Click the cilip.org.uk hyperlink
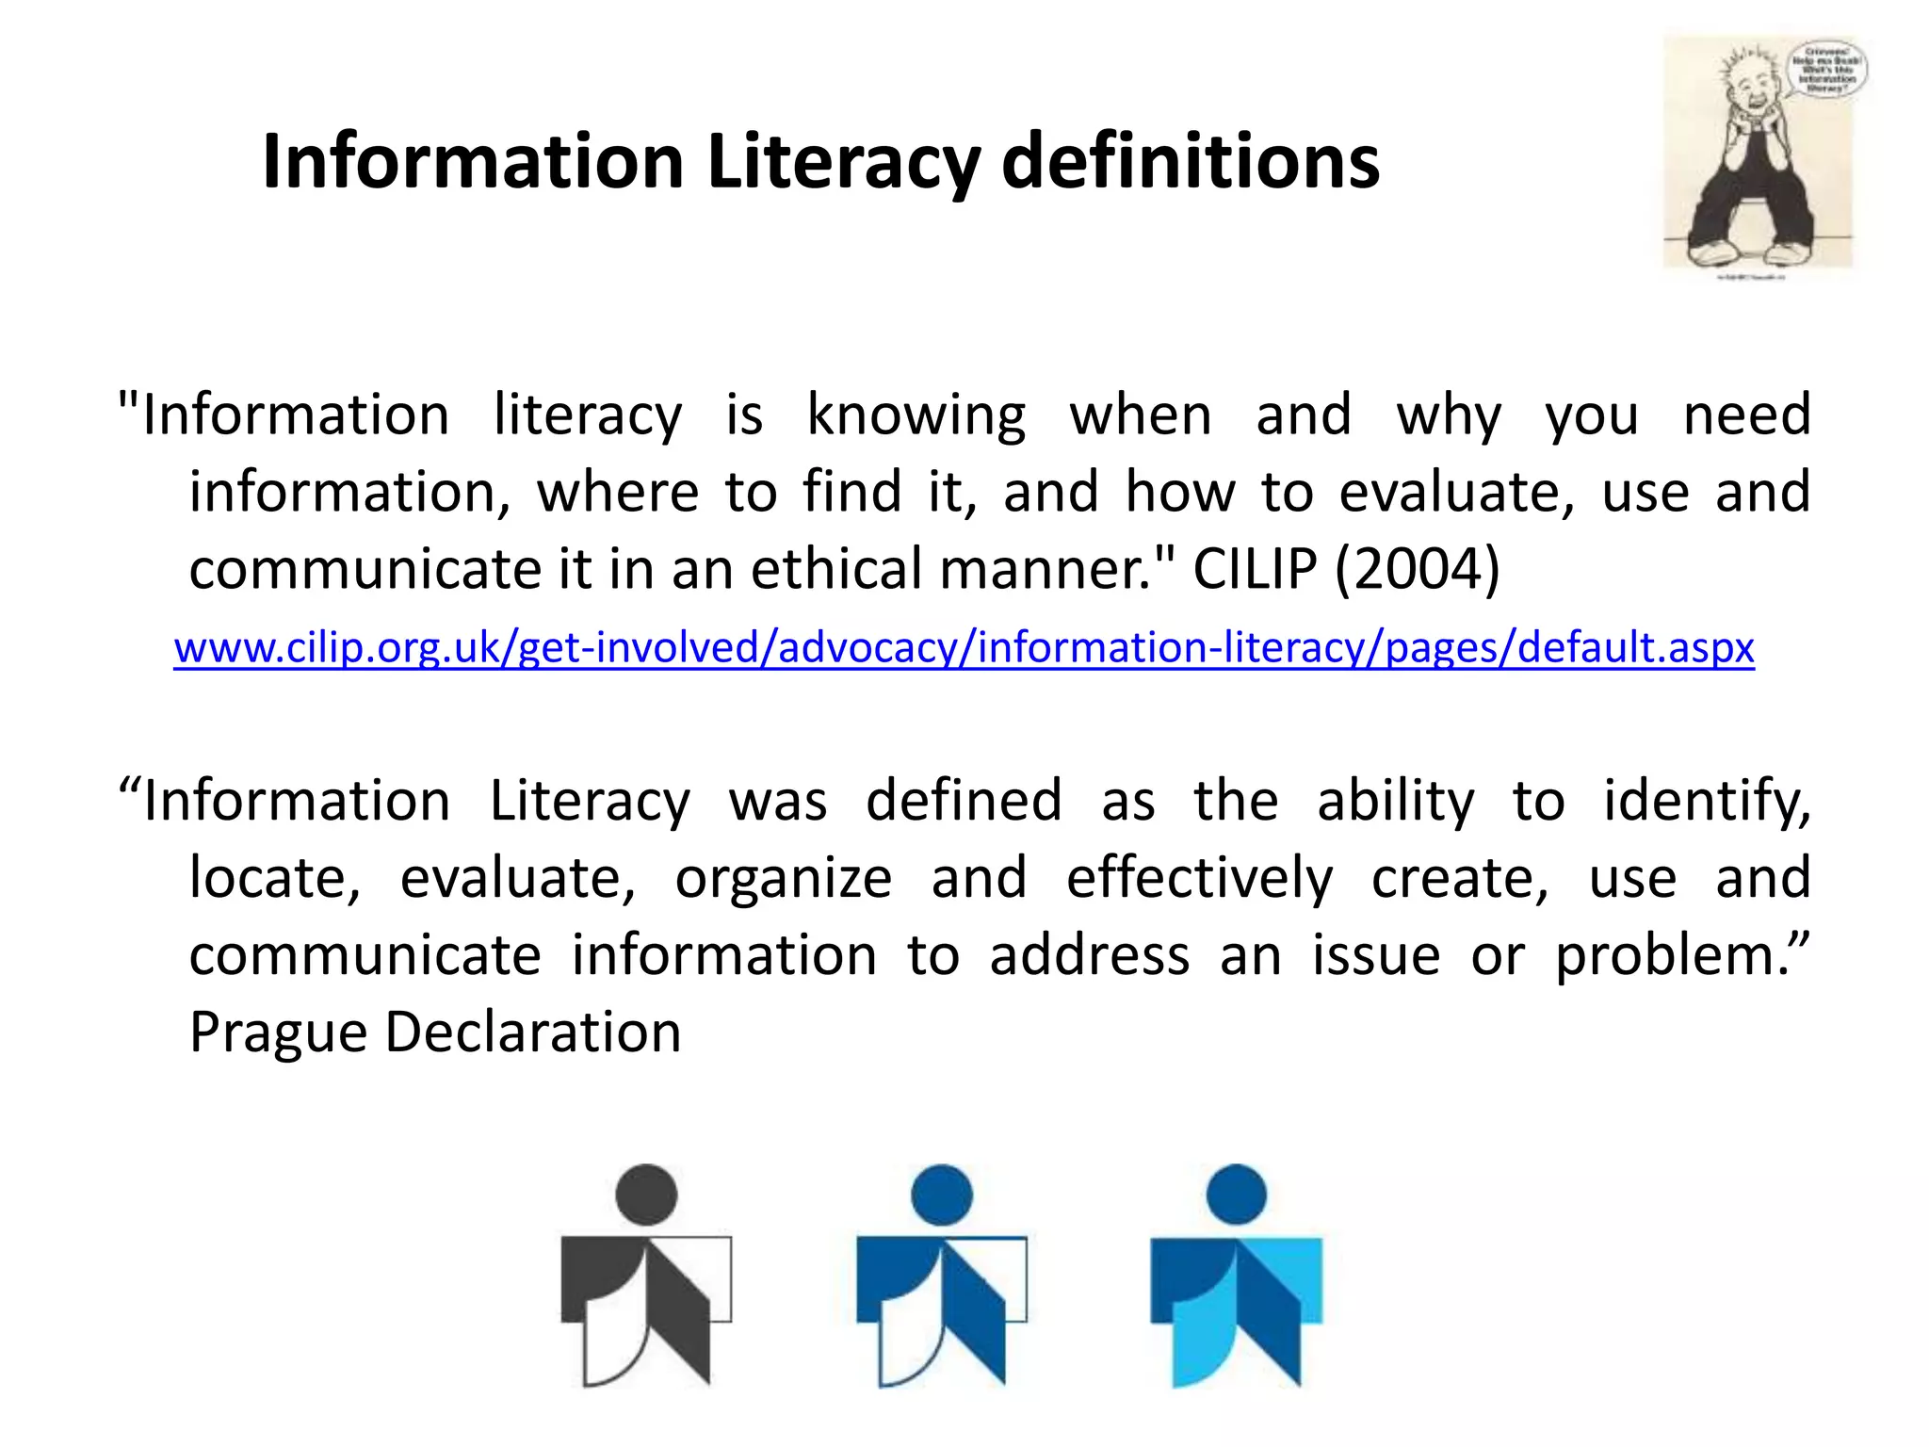click(x=964, y=648)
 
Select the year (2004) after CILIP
click(x=1418, y=569)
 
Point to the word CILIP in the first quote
click(x=1255, y=569)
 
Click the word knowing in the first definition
click(x=916, y=415)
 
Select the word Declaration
click(x=533, y=1032)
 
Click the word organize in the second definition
click(x=784, y=878)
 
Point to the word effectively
click(x=1199, y=878)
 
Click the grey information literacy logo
click(x=646, y=1277)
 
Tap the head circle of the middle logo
click(x=942, y=1195)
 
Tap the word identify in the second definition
click(x=1706, y=802)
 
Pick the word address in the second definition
click(x=1089, y=955)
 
